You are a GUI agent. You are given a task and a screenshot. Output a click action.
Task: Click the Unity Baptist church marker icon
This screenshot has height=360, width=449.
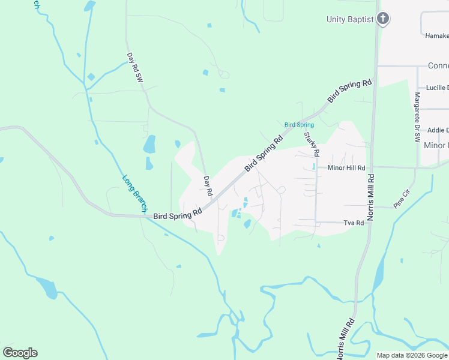click(383, 19)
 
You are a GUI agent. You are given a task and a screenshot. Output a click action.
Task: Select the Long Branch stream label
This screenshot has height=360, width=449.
click(134, 191)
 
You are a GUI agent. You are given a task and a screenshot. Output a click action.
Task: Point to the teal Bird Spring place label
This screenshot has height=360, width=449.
click(299, 125)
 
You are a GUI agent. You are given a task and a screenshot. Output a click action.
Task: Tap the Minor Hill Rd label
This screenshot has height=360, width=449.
click(346, 169)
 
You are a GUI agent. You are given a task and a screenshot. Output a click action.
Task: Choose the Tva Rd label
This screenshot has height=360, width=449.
click(354, 223)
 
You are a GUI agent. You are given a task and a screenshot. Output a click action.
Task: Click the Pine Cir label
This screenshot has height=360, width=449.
click(401, 199)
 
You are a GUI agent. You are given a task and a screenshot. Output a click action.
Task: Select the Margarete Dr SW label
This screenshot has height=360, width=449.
click(417, 117)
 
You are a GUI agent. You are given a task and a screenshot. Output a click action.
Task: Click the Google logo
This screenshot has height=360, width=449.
click(20, 353)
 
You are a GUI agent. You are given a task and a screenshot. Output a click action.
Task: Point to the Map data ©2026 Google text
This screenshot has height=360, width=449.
click(412, 355)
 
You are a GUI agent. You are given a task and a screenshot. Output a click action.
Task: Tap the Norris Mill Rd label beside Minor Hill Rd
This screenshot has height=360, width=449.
click(371, 197)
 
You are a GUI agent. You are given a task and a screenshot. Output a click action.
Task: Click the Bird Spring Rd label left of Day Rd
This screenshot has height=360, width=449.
click(177, 214)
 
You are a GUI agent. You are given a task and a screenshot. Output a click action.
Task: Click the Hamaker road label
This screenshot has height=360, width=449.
click(436, 36)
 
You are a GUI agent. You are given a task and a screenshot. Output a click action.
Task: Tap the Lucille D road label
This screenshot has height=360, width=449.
click(437, 88)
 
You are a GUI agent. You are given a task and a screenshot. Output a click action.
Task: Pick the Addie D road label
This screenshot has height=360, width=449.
click(438, 130)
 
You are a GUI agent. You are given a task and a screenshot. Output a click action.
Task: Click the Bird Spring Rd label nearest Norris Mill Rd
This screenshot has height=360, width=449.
click(349, 91)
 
